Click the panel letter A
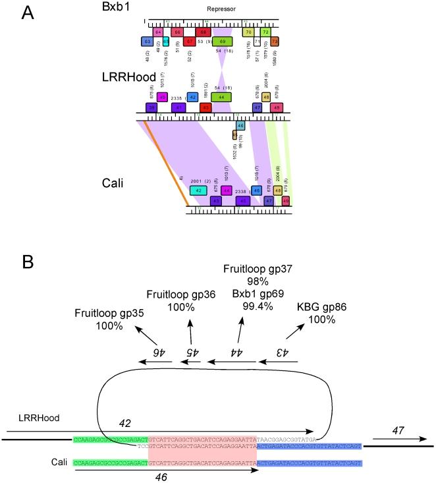point(30,13)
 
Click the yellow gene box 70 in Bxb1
point(248,32)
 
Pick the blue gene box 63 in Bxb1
point(147,42)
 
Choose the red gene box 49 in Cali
point(286,200)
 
